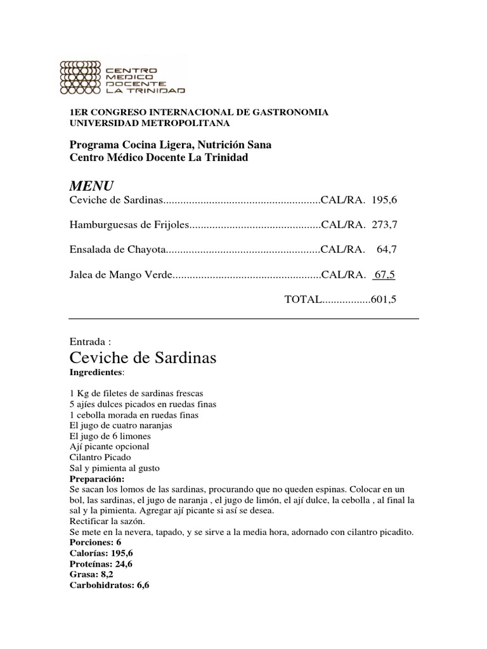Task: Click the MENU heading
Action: coord(91,186)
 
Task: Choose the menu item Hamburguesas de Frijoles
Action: coord(129,224)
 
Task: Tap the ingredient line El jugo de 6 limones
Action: coord(110,436)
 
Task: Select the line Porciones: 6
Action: coord(94,543)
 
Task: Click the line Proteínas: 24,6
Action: coord(101,563)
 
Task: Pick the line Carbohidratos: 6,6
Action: coord(109,585)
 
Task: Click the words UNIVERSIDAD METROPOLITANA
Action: coord(150,122)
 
